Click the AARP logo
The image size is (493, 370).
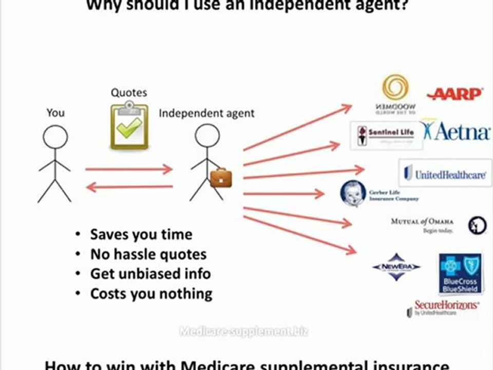pyautogui.click(x=454, y=94)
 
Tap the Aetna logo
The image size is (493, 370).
pyautogui.click(x=456, y=132)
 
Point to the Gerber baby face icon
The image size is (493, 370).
pyautogui.click(x=353, y=194)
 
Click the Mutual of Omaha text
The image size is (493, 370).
pyautogui.click(x=423, y=221)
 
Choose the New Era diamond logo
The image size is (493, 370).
pyautogui.click(x=396, y=267)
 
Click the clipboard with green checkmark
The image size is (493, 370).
pyautogui.click(x=129, y=126)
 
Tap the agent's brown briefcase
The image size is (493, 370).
pyautogui.click(x=221, y=178)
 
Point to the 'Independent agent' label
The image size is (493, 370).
pyautogui.click(x=206, y=113)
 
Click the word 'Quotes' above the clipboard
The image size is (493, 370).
pyautogui.click(x=129, y=93)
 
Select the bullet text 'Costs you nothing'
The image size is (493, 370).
pyautogui.click(x=151, y=294)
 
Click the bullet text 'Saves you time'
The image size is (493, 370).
pyautogui.click(x=141, y=235)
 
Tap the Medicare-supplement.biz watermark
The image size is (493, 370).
pyautogui.click(x=243, y=331)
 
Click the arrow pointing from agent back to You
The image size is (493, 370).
pyautogui.click(x=129, y=188)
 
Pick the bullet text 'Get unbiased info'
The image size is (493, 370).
pyautogui.click(x=150, y=274)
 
